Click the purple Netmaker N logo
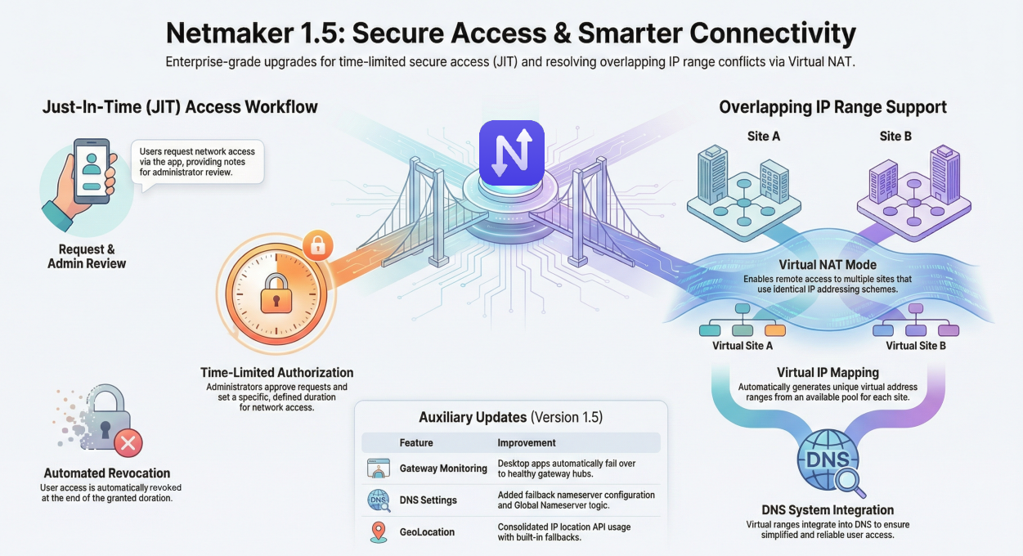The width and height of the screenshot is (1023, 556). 511,152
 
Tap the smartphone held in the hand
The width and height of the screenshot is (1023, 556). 92,172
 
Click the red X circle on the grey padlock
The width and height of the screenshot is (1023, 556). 127,444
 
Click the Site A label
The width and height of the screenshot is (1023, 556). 764,136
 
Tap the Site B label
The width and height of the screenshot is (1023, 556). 895,136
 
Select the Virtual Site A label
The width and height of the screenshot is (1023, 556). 743,346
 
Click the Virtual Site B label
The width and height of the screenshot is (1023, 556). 916,346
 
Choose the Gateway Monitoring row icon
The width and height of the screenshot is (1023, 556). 379,469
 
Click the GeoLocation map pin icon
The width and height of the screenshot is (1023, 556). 379,531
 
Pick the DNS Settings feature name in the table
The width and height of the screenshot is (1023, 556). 428,500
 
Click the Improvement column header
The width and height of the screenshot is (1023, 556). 526,442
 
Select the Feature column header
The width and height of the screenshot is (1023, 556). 416,442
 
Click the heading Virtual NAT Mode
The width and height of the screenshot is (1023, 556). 828,265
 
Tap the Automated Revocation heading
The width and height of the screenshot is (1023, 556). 107,473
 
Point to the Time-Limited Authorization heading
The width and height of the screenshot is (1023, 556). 276,372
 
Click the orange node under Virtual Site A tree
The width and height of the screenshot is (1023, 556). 774,330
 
